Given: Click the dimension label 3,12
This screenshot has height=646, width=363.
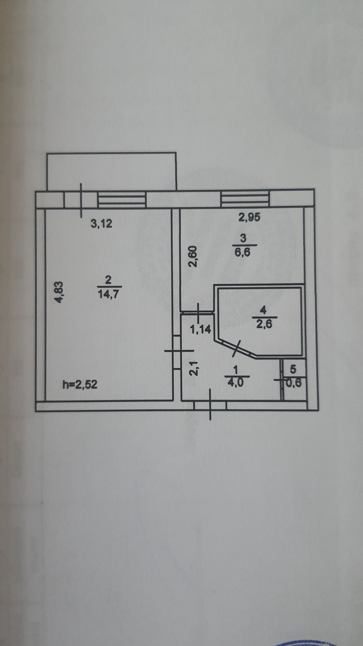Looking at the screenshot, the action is [101, 224].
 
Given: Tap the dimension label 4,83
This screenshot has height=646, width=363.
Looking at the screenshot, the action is [59, 292].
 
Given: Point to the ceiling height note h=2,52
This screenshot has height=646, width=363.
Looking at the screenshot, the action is [80, 384].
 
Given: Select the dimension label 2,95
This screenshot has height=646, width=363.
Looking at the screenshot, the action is [249, 217].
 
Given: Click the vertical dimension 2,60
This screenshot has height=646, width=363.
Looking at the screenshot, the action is [193, 256].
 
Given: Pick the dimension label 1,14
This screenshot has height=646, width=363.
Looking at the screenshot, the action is [201, 329].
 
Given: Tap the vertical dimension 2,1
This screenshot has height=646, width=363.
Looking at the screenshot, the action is [194, 368].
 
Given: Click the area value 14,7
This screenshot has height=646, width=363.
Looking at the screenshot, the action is [109, 294].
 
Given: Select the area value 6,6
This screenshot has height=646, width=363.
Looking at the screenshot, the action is [242, 253].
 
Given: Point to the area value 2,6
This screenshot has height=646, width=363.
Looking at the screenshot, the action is [264, 325].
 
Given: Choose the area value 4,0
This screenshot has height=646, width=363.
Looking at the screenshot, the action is [236, 383].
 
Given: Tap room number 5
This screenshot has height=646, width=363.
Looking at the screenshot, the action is [293, 369].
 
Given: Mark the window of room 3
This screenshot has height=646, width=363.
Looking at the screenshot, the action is [245, 198].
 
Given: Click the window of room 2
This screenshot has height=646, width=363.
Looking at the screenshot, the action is [121, 199].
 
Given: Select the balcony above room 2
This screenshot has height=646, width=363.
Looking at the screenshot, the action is [111, 171].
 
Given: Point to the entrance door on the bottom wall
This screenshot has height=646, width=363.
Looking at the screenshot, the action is [210, 405].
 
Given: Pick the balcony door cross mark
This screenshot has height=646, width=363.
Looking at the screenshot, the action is [81, 200].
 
